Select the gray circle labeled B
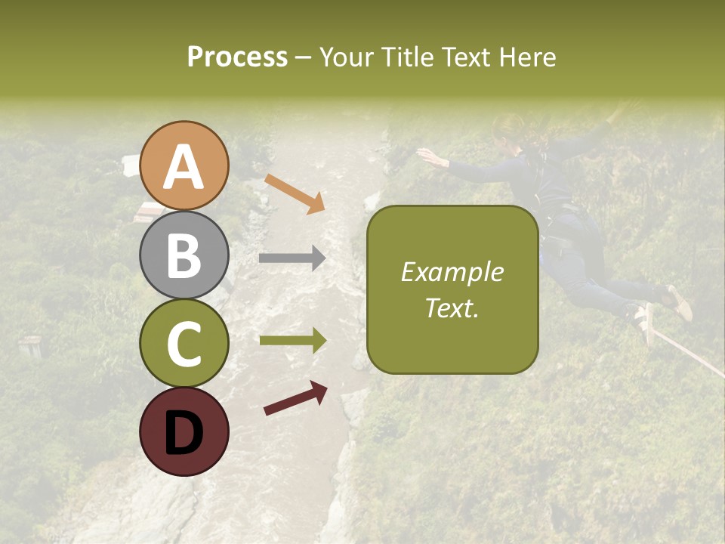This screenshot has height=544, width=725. [x=184, y=255]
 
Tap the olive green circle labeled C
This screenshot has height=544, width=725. [x=184, y=343]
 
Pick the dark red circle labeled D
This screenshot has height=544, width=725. [x=184, y=431]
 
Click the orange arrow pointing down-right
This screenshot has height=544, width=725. [x=295, y=193]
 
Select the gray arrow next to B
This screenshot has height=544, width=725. [x=292, y=258]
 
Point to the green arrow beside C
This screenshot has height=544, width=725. [x=292, y=341]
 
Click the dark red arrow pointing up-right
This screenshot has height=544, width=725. [x=295, y=398]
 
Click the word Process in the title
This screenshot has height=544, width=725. [x=237, y=57]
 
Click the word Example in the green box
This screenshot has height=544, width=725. [x=452, y=272]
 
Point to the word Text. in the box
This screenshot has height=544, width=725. [x=452, y=308]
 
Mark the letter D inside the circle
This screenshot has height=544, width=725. [x=184, y=433]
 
